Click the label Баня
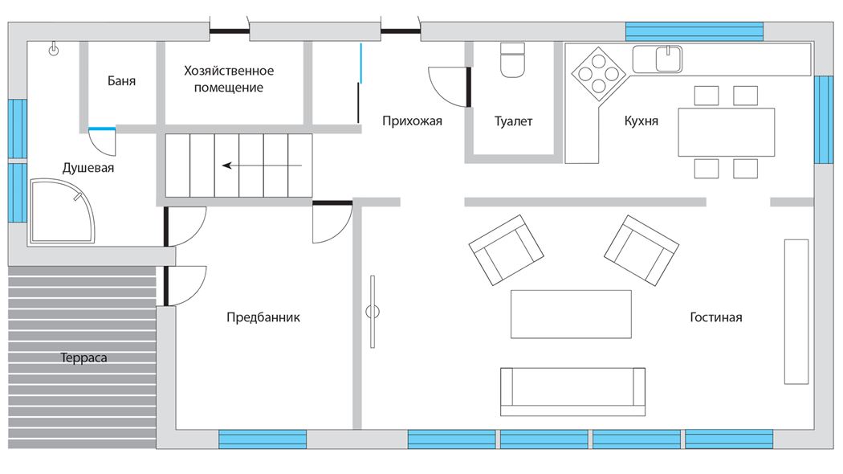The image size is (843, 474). pyautogui.click(x=121, y=80)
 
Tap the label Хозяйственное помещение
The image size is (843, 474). pyautogui.click(x=229, y=79)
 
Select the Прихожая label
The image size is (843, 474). pyautogui.click(x=412, y=121)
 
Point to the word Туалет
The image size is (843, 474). pyautogui.click(x=513, y=121)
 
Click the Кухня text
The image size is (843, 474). pyautogui.click(x=641, y=121)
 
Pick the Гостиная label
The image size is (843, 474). pyautogui.click(x=715, y=317)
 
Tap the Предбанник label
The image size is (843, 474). pyautogui.click(x=263, y=317)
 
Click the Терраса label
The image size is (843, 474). pyautogui.click(x=83, y=358)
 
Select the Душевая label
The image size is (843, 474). pyautogui.click(x=88, y=168)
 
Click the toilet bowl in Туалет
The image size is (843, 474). pyautogui.click(x=512, y=60)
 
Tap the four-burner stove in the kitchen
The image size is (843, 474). pyautogui.click(x=598, y=74)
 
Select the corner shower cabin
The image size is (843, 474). pyautogui.click(x=63, y=211)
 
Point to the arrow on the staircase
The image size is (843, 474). pyautogui.click(x=263, y=165)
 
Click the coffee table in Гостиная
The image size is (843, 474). pyautogui.click(x=571, y=314)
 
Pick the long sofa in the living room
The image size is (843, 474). pyautogui.click(x=572, y=392)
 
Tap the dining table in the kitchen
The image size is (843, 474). pyautogui.click(x=726, y=132)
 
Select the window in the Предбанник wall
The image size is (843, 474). pyautogui.click(x=263, y=439)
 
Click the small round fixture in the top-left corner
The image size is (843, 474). pyautogui.click(x=54, y=51)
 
